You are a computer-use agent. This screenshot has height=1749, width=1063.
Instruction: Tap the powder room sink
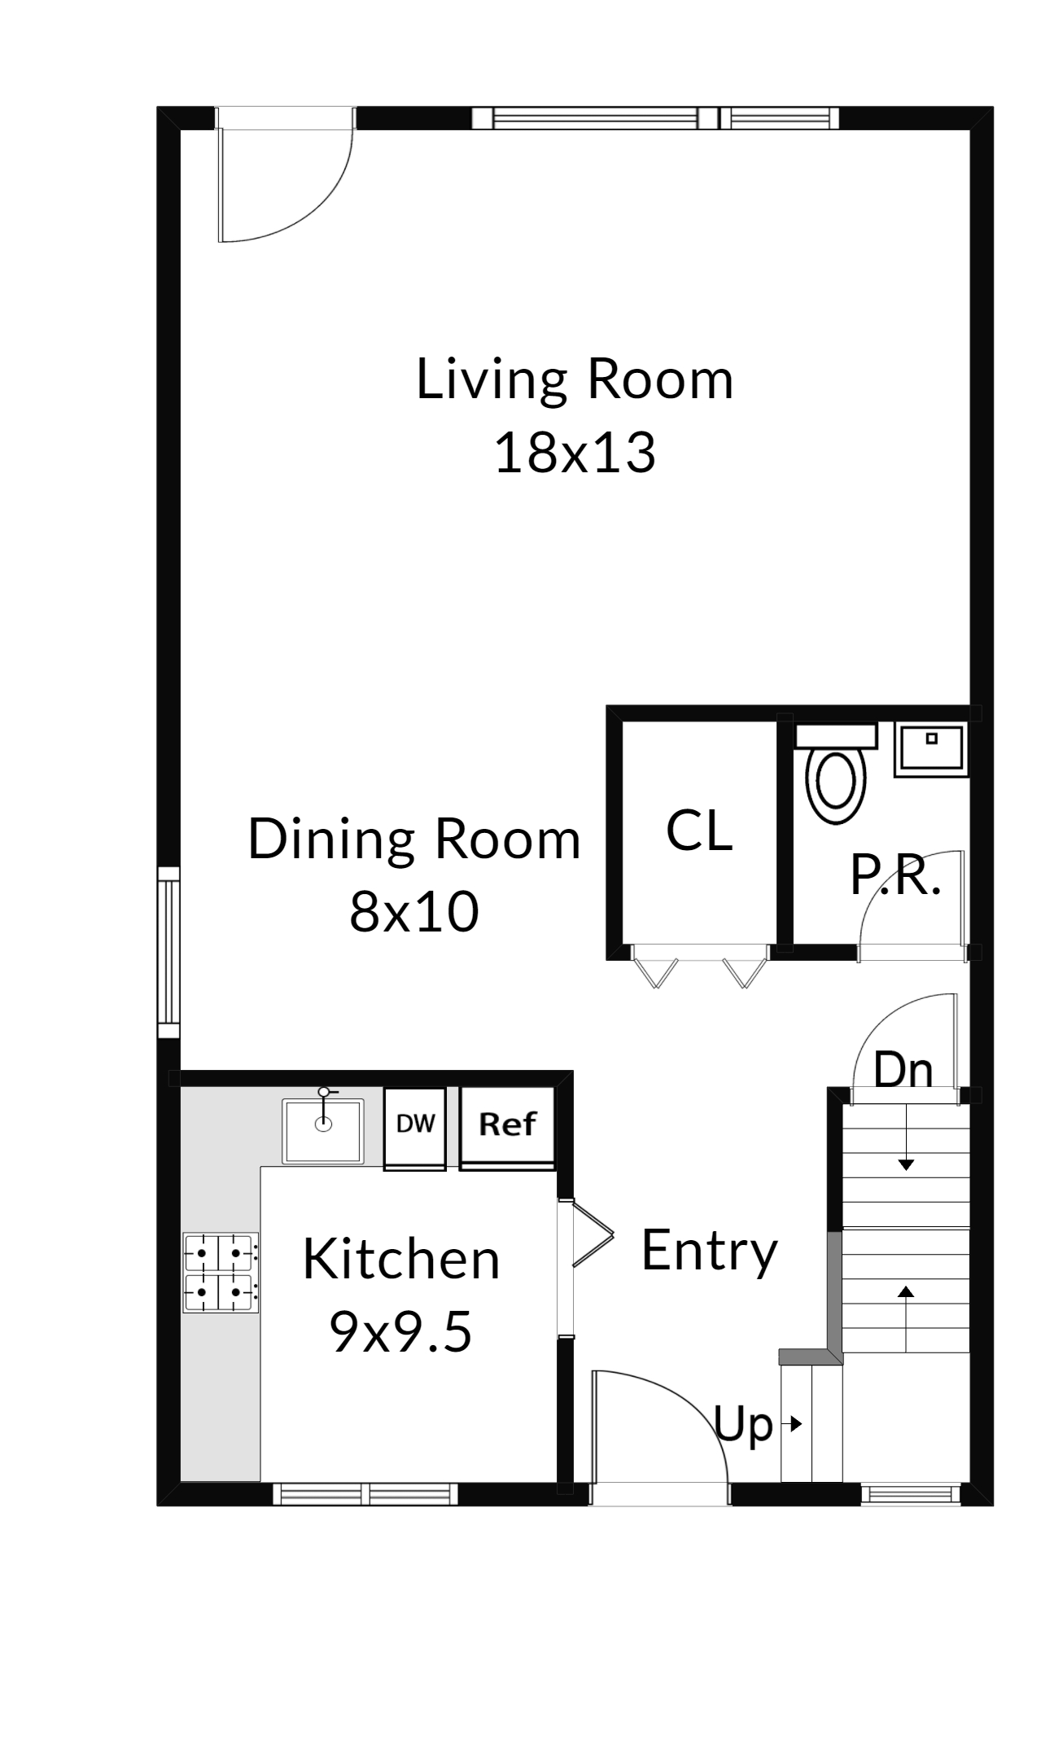point(931,748)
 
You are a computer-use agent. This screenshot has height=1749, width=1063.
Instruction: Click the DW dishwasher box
point(415,1129)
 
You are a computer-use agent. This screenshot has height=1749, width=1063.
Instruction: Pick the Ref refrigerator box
point(508,1129)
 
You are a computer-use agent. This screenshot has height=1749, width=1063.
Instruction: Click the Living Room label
point(575,379)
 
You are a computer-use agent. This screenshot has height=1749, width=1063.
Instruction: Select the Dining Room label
point(414,839)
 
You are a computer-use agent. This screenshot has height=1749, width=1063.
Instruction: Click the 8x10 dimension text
point(414,911)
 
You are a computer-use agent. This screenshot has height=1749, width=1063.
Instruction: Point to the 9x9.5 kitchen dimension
point(400,1332)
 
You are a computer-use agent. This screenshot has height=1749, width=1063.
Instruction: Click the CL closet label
point(699,831)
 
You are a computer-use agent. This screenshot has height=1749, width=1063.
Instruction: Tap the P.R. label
point(895,875)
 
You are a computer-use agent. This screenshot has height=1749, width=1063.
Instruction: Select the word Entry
point(709,1251)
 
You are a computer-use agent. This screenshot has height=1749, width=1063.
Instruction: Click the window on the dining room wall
point(168,952)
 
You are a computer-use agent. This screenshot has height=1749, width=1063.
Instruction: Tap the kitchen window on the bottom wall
point(365,1494)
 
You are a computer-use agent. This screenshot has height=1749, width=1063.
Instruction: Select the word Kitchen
point(401,1260)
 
